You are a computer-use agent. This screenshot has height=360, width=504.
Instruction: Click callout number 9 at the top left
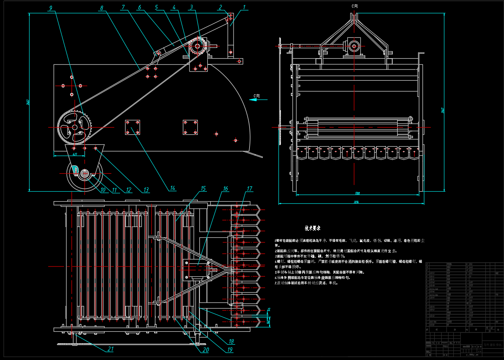[x=50, y=8]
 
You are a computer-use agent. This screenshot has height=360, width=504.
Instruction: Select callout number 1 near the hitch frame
[x=244, y=7]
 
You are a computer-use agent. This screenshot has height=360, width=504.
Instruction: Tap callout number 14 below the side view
[x=172, y=188]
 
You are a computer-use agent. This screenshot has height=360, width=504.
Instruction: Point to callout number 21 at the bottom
[x=111, y=349]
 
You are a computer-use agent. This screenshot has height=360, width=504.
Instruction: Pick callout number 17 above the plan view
[x=249, y=189]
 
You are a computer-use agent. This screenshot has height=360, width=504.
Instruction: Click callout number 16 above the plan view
[x=225, y=189]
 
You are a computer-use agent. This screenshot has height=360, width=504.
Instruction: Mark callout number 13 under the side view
[x=146, y=190]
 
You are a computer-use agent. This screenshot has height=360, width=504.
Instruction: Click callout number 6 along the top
[x=139, y=7]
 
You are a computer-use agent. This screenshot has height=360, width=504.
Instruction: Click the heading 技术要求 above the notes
[x=312, y=228]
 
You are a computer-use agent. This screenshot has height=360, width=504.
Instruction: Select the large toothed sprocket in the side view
[x=74, y=128]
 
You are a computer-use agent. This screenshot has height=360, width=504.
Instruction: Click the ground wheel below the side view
[x=85, y=176]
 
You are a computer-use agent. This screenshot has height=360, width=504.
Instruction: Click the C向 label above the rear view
[x=354, y=6]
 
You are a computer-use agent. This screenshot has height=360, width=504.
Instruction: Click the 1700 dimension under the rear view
[x=357, y=193]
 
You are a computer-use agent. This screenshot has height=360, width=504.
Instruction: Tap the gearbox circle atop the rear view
[x=354, y=46]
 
